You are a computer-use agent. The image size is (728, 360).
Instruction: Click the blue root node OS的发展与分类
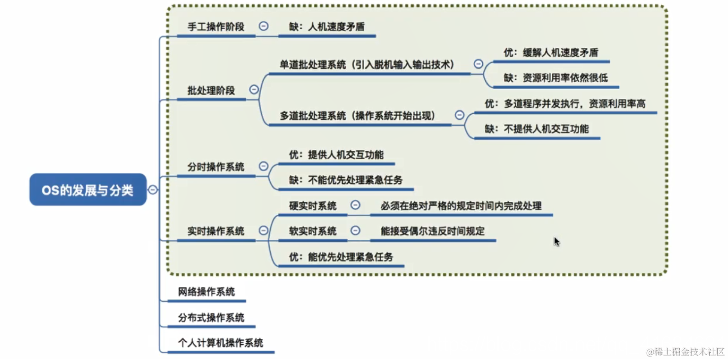pos(88,190)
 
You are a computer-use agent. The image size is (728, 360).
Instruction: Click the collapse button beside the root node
pos(153,190)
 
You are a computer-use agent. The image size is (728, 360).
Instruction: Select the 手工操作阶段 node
pos(216,27)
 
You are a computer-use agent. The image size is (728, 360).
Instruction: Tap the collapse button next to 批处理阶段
pos(254,90)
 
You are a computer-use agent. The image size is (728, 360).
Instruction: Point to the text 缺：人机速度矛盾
pos(327,27)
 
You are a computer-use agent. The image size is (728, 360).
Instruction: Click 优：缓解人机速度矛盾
pos(551,52)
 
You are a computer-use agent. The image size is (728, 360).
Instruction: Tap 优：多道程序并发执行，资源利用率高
pos(565,103)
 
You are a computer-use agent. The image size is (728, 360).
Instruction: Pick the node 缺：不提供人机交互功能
pos(536,129)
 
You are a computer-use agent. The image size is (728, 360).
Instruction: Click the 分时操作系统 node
pos(216,167)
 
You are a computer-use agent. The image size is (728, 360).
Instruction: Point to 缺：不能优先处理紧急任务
pos(346,180)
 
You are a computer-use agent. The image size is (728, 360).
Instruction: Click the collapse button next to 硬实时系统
pos(355,205)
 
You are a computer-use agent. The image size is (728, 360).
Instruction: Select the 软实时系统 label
pos(313,231)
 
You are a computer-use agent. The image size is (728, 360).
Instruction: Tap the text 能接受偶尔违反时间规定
pos(432,231)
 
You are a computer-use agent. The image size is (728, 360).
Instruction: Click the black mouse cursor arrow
pos(557,241)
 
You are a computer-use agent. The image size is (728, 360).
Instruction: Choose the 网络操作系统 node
pos(206,292)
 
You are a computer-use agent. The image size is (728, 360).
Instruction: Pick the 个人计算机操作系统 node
pos(220,343)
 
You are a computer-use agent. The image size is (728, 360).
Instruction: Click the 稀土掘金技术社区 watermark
pos(685,352)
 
